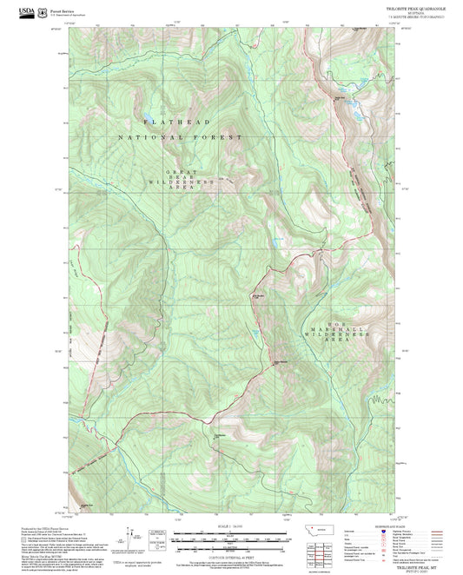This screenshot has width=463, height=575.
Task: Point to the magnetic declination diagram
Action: click(x=130, y=539)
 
